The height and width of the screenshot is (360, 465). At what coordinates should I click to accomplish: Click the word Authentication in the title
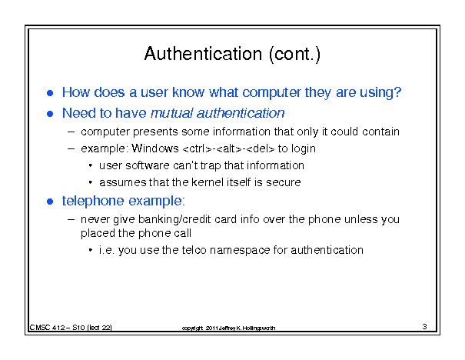pos(203,54)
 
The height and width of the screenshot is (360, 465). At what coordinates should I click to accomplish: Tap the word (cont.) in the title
pos(295,55)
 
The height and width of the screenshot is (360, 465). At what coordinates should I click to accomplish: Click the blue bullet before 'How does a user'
pos(50,93)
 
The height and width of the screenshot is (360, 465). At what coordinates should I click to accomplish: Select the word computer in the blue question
pos(271,92)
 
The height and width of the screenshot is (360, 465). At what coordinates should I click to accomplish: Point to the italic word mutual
pos(172,113)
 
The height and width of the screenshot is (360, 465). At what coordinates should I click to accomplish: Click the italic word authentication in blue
pos(241,113)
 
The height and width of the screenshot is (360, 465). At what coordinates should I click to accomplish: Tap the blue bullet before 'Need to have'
pos(50,114)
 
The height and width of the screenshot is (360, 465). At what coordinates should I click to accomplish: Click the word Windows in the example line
pos(155,148)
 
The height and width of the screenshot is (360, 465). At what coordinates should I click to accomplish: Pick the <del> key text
pos(261,148)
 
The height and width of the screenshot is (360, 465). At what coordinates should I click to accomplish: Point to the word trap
pos(211,166)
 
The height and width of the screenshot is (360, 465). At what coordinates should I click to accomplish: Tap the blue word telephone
pos(93,202)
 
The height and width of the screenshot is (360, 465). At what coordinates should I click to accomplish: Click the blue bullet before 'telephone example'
pos(50,202)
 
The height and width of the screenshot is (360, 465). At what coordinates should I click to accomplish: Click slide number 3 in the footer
pos(424,327)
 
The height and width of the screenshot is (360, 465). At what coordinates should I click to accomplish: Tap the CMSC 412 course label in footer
pos(48,328)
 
